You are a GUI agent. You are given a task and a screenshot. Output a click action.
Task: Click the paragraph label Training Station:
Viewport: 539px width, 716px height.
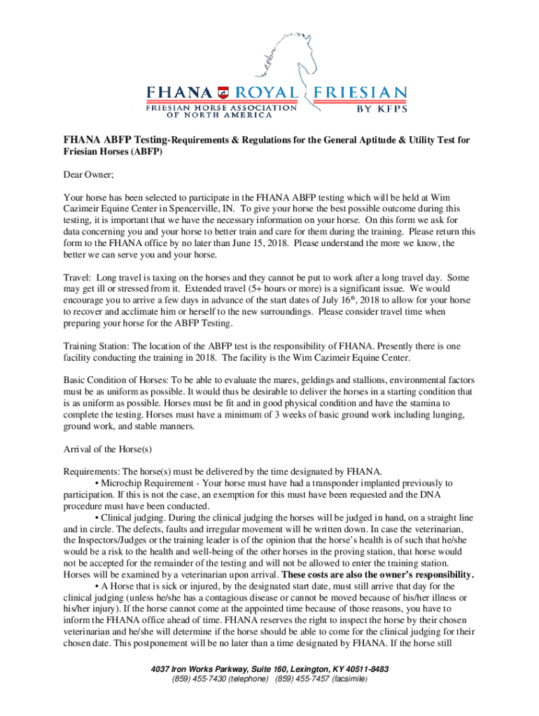96,346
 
